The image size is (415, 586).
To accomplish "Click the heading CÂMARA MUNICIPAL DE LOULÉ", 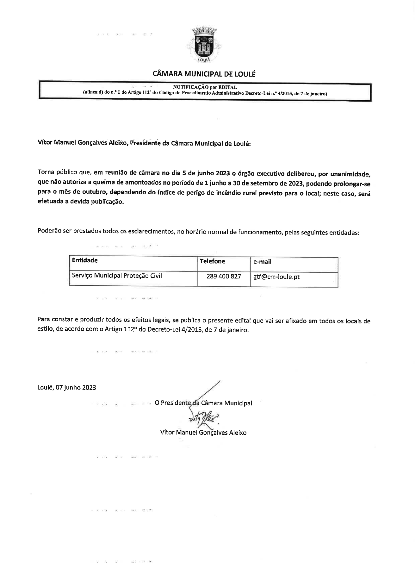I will tap(204, 74).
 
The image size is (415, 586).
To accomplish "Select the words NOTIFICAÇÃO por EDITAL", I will tap(205, 87).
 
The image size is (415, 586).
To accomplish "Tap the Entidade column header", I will tap(85, 260).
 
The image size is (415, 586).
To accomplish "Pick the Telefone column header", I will tap(212, 261).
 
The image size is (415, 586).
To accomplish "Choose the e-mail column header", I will tap(262, 262).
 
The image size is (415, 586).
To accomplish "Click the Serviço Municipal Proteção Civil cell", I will tap(117, 276).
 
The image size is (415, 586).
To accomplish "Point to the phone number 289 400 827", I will tap(224, 276).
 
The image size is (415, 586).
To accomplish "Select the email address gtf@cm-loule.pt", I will tap(276, 277).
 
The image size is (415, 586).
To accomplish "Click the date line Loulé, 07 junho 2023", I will tap(67, 387).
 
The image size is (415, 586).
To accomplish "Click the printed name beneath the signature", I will tap(203, 432).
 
